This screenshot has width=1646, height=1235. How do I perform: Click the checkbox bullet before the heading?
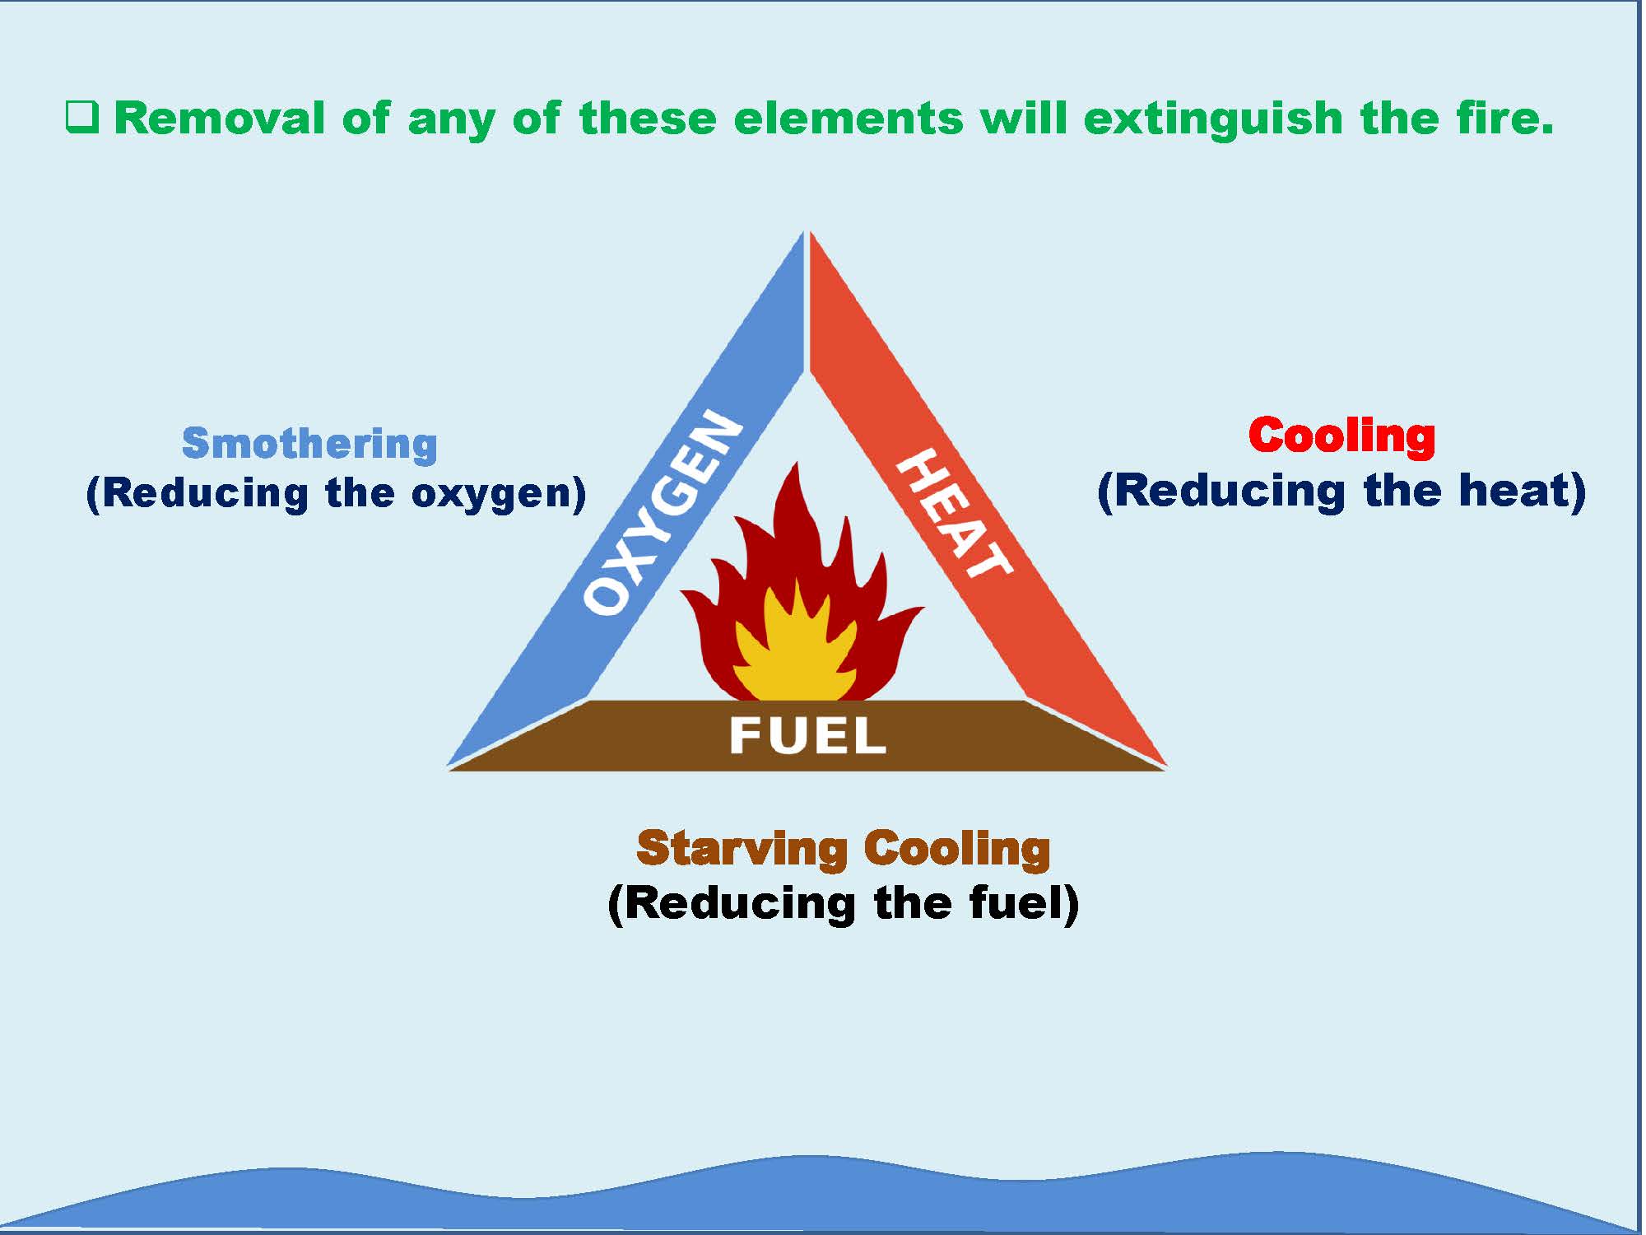[x=82, y=118]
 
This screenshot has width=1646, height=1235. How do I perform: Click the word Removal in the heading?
[x=220, y=118]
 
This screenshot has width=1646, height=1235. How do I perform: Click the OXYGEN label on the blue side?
[x=663, y=511]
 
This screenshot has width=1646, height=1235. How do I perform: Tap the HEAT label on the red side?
[x=955, y=513]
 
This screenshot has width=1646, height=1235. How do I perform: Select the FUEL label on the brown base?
[x=807, y=735]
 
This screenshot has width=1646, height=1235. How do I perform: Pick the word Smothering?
[x=309, y=444]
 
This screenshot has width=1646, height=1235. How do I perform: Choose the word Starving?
[x=742, y=849]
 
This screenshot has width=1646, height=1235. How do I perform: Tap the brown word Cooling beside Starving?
[x=957, y=849]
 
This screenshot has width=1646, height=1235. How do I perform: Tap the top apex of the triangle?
[x=806, y=231]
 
